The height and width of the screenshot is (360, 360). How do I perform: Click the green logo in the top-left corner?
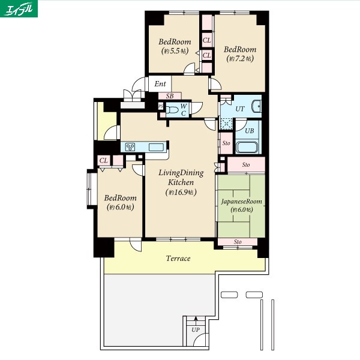click(x=19, y=9)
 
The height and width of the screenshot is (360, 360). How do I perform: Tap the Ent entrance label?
click(x=160, y=84)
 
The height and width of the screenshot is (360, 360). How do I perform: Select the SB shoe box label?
click(x=170, y=96)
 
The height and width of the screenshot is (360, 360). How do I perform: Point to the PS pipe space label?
click(x=161, y=106)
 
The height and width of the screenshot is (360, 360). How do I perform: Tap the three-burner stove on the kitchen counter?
click(x=130, y=147)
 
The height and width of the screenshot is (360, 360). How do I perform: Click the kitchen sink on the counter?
click(x=156, y=147)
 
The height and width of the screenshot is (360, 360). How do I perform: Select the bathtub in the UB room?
click(x=247, y=148)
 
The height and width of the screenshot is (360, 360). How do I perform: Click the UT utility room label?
click(x=240, y=109)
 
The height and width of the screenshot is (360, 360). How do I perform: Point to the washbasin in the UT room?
click(x=256, y=107)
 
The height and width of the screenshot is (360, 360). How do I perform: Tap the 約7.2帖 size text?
click(x=240, y=59)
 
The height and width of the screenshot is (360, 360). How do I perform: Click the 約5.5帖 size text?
click(x=175, y=51)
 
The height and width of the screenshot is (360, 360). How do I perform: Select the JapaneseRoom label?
click(x=242, y=202)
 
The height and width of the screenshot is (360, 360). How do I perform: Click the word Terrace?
click(x=178, y=259)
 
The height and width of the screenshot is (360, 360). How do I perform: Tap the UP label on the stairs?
click(x=196, y=330)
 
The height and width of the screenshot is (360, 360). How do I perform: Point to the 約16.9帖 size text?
click(x=181, y=192)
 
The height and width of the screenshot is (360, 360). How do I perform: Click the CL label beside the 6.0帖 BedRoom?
click(x=104, y=160)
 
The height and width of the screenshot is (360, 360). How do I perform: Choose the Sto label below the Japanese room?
click(x=238, y=242)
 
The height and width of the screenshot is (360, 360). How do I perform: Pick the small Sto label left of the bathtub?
click(x=226, y=143)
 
